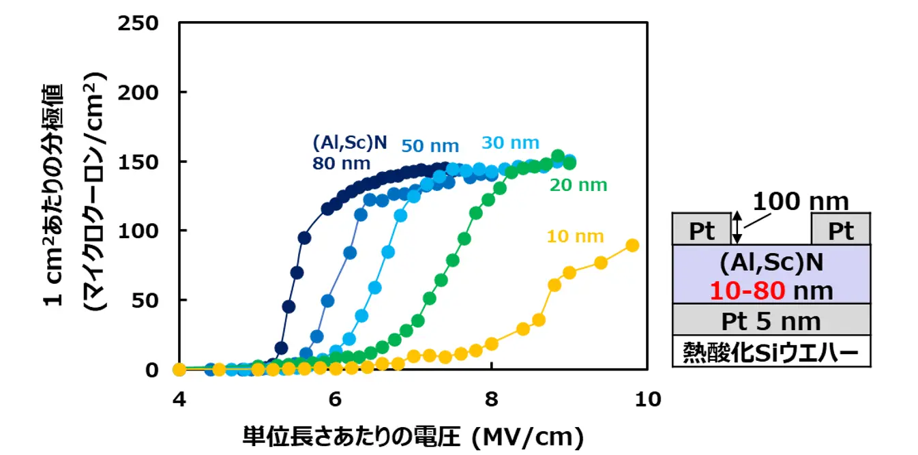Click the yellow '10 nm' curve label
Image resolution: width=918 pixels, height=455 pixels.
pos(575,237)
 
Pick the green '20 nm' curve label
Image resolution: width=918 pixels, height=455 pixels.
pos(578,185)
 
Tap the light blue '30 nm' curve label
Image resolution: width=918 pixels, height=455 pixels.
pos(510,143)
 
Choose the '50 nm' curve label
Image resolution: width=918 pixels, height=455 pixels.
pos(430,145)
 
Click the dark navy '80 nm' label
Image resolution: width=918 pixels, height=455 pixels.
pos(341,163)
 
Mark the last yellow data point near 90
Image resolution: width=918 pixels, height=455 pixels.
pos(632,246)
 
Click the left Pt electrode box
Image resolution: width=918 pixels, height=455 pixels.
pos(701,230)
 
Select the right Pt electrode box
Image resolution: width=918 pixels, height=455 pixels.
pos(840,230)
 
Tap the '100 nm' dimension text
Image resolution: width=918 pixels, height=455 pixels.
pos(800,201)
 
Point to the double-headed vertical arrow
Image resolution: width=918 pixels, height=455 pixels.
pos(736,227)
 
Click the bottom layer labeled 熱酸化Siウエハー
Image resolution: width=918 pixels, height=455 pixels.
pos(771,352)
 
